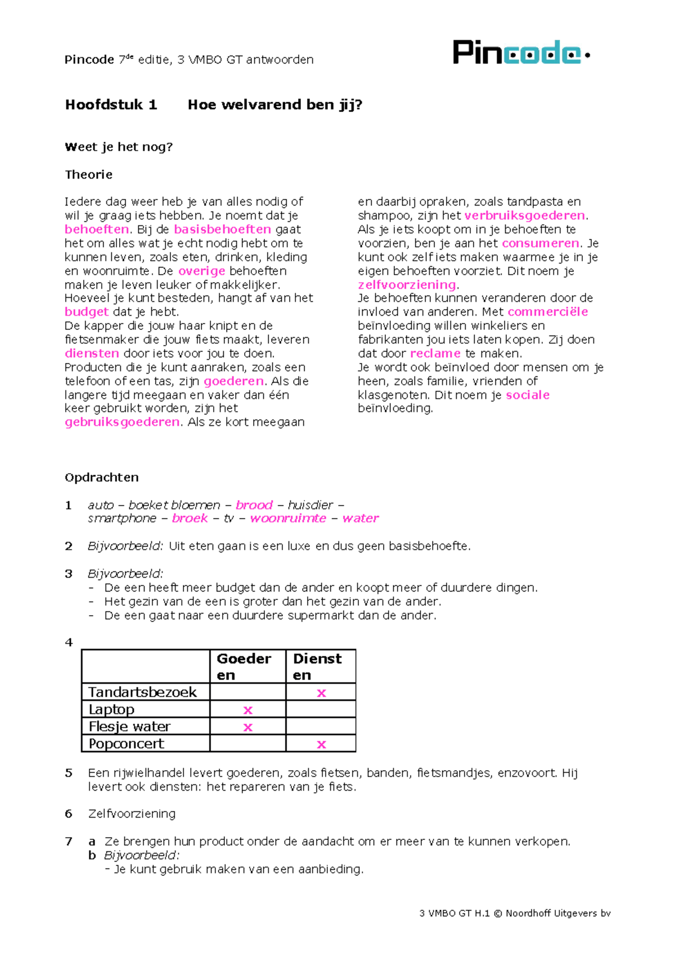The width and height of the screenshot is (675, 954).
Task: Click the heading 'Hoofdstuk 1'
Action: click(111, 105)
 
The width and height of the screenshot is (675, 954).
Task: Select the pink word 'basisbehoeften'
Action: click(222, 229)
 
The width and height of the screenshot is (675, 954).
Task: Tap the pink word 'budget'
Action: click(86, 312)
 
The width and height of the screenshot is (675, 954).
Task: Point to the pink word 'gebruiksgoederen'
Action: click(122, 422)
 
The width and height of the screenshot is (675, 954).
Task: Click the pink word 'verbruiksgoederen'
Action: click(524, 216)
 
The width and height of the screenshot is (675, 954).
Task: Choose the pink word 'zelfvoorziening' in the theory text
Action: click(407, 285)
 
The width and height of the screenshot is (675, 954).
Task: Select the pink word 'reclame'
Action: click(435, 353)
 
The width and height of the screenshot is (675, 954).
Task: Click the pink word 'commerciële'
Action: click(547, 312)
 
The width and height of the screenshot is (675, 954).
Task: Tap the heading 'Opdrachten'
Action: click(102, 478)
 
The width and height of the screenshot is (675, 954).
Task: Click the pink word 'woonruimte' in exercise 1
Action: click(288, 518)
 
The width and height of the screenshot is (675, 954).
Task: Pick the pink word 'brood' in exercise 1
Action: click(254, 505)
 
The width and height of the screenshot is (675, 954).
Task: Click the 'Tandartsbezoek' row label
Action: click(142, 692)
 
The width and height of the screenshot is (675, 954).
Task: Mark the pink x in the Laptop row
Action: click(247, 710)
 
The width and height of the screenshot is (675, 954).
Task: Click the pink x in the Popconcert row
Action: click(321, 744)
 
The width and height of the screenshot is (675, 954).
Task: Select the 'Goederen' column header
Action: click(244, 666)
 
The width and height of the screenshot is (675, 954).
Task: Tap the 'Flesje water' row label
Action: click(129, 726)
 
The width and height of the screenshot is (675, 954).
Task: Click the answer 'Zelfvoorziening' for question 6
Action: click(132, 814)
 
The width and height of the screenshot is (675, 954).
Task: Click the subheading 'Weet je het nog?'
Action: click(119, 147)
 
